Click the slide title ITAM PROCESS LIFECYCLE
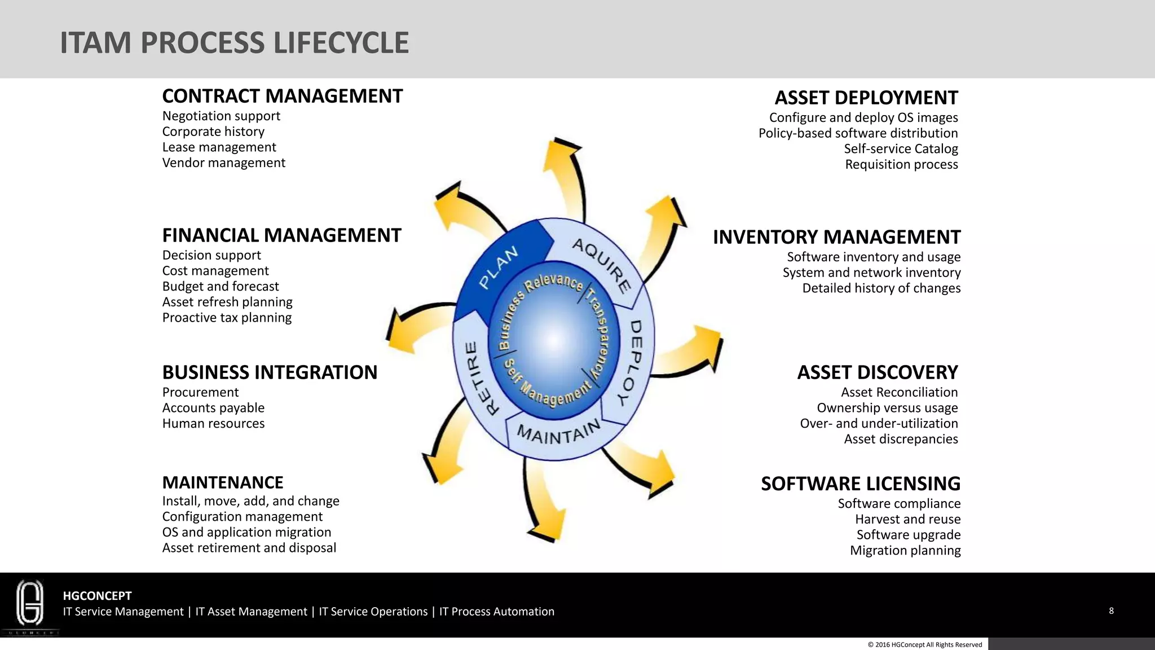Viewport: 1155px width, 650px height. pos(234,43)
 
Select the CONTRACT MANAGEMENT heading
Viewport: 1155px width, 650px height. pos(282,96)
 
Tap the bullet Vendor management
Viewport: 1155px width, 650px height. pos(223,163)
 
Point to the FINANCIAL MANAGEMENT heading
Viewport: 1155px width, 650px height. pos(281,235)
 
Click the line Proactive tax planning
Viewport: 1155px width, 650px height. pos(227,318)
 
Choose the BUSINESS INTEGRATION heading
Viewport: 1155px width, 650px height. pos(270,372)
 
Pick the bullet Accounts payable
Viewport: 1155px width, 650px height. pos(213,408)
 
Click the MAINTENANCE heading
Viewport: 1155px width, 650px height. pos(223,482)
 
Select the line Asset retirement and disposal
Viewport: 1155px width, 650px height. pos(249,548)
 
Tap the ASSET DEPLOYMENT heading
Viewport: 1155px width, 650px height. pos(866,98)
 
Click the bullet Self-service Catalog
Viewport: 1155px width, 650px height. pos(901,149)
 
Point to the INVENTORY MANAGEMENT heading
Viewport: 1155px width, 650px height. pos(836,237)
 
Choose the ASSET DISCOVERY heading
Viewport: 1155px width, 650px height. pos(877,372)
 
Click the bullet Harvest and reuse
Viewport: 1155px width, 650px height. pos(907,519)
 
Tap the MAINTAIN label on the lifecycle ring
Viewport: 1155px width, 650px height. pos(559,433)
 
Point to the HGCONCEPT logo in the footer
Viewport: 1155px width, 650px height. pos(30,605)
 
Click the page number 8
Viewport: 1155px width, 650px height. pos(1111,611)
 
